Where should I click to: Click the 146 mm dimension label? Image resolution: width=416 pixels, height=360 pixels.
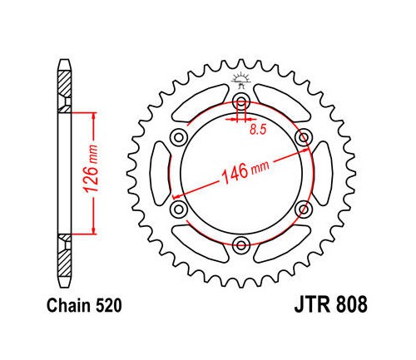point(245,172)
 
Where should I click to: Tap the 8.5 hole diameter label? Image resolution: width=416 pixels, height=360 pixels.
point(258,130)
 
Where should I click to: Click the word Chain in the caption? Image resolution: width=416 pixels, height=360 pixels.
point(69,306)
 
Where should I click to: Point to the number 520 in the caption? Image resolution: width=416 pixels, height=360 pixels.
point(109,306)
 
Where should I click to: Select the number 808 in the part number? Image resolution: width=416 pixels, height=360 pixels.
point(352,304)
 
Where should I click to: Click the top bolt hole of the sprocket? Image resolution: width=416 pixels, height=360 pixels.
point(241,101)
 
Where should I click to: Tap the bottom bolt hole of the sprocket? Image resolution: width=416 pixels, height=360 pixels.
point(241,245)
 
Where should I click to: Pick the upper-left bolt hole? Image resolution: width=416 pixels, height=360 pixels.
point(179,137)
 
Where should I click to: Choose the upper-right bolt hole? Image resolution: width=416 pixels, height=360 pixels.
point(304,137)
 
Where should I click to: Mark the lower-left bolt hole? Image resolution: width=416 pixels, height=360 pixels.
point(179,210)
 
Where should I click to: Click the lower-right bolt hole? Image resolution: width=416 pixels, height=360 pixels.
point(304,210)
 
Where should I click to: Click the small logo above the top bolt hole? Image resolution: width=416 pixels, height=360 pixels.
point(241,80)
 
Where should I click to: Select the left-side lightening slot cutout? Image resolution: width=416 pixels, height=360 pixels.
point(161,174)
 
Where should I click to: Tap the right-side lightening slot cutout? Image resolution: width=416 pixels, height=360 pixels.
point(322,174)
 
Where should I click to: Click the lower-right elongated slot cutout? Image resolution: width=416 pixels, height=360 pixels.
point(282,244)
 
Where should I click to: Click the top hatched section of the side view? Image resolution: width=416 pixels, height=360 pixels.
point(65,91)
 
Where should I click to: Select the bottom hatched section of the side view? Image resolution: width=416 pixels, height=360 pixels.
point(65,255)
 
